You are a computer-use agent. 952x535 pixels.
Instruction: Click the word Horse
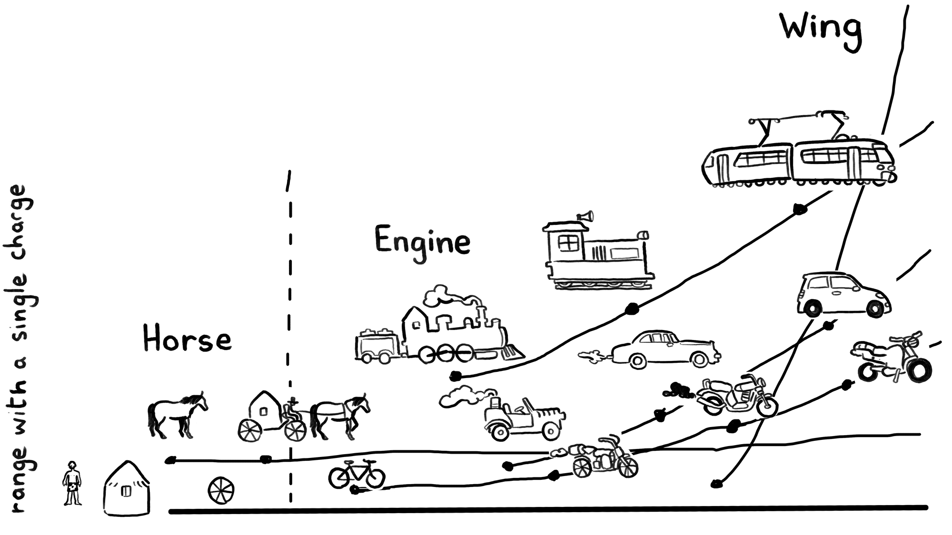pyautogui.click(x=187, y=340)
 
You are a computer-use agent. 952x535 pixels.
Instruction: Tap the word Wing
pyautogui.click(x=821, y=29)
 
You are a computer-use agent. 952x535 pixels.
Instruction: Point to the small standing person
pyautogui.click(x=72, y=483)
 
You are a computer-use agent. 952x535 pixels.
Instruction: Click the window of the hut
pyautogui.click(x=126, y=491)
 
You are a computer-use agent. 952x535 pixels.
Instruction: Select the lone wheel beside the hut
pyautogui.click(x=221, y=490)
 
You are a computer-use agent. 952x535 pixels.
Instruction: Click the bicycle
pyautogui.click(x=357, y=474)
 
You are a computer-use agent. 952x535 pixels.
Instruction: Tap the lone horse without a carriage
pyautogui.click(x=177, y=414)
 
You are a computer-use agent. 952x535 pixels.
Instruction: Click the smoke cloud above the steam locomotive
pyautogui.click(x=450, y=296)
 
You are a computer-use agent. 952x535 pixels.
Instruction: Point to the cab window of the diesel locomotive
pyautogui.click(x=568, y=244)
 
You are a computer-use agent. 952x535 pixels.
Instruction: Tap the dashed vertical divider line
pyautogui.click(x=290, y=333)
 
